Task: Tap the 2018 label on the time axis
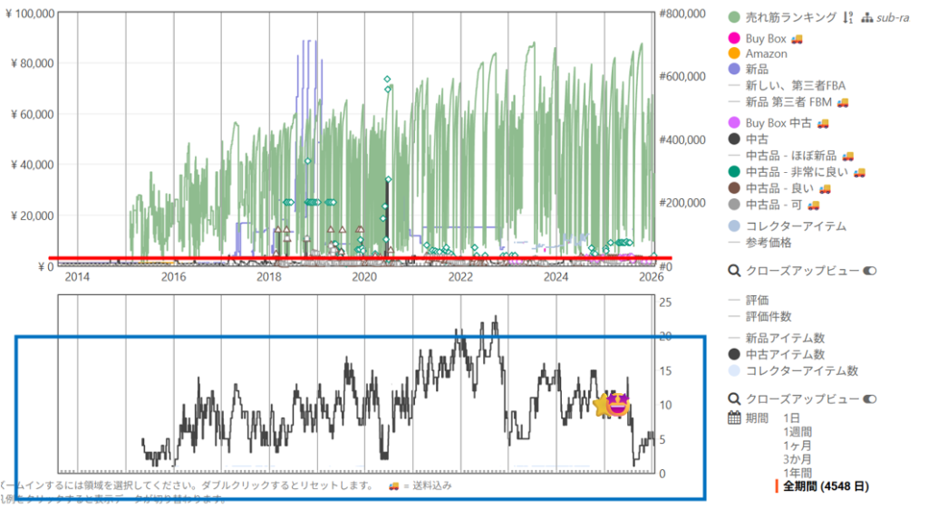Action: point(268,276)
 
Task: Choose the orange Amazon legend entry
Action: point(766,54)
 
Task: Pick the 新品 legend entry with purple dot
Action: point(759,69)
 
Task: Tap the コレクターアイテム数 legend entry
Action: point(801,370)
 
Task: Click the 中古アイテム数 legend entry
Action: point(785,354)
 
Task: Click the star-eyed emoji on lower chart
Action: point(613,406)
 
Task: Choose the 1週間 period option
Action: point(798,432)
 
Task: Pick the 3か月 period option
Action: point(798,459)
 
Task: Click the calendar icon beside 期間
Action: point(735,418)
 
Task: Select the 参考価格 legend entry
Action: point(768,243)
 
